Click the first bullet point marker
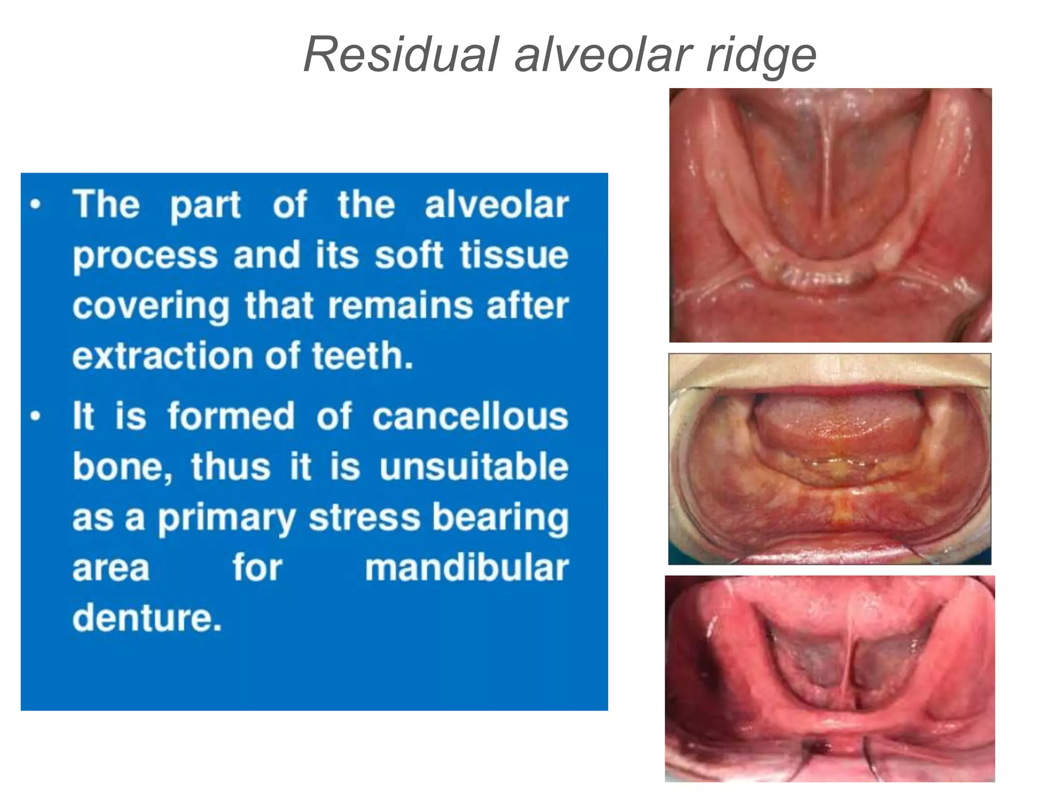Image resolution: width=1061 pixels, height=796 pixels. click(35, 204)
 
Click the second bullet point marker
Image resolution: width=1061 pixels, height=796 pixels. click(35, 416)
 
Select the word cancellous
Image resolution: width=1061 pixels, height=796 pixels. click(470, 416)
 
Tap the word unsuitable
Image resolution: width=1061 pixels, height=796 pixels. click(474, 466)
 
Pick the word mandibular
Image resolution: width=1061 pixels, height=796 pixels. click(466, 567)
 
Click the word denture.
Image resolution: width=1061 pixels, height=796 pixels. click(147, 618)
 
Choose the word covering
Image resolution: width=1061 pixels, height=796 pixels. click(151, 306)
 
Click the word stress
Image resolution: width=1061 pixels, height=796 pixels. click(364, 517)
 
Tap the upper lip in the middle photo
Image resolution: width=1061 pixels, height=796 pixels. click(829, 371)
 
